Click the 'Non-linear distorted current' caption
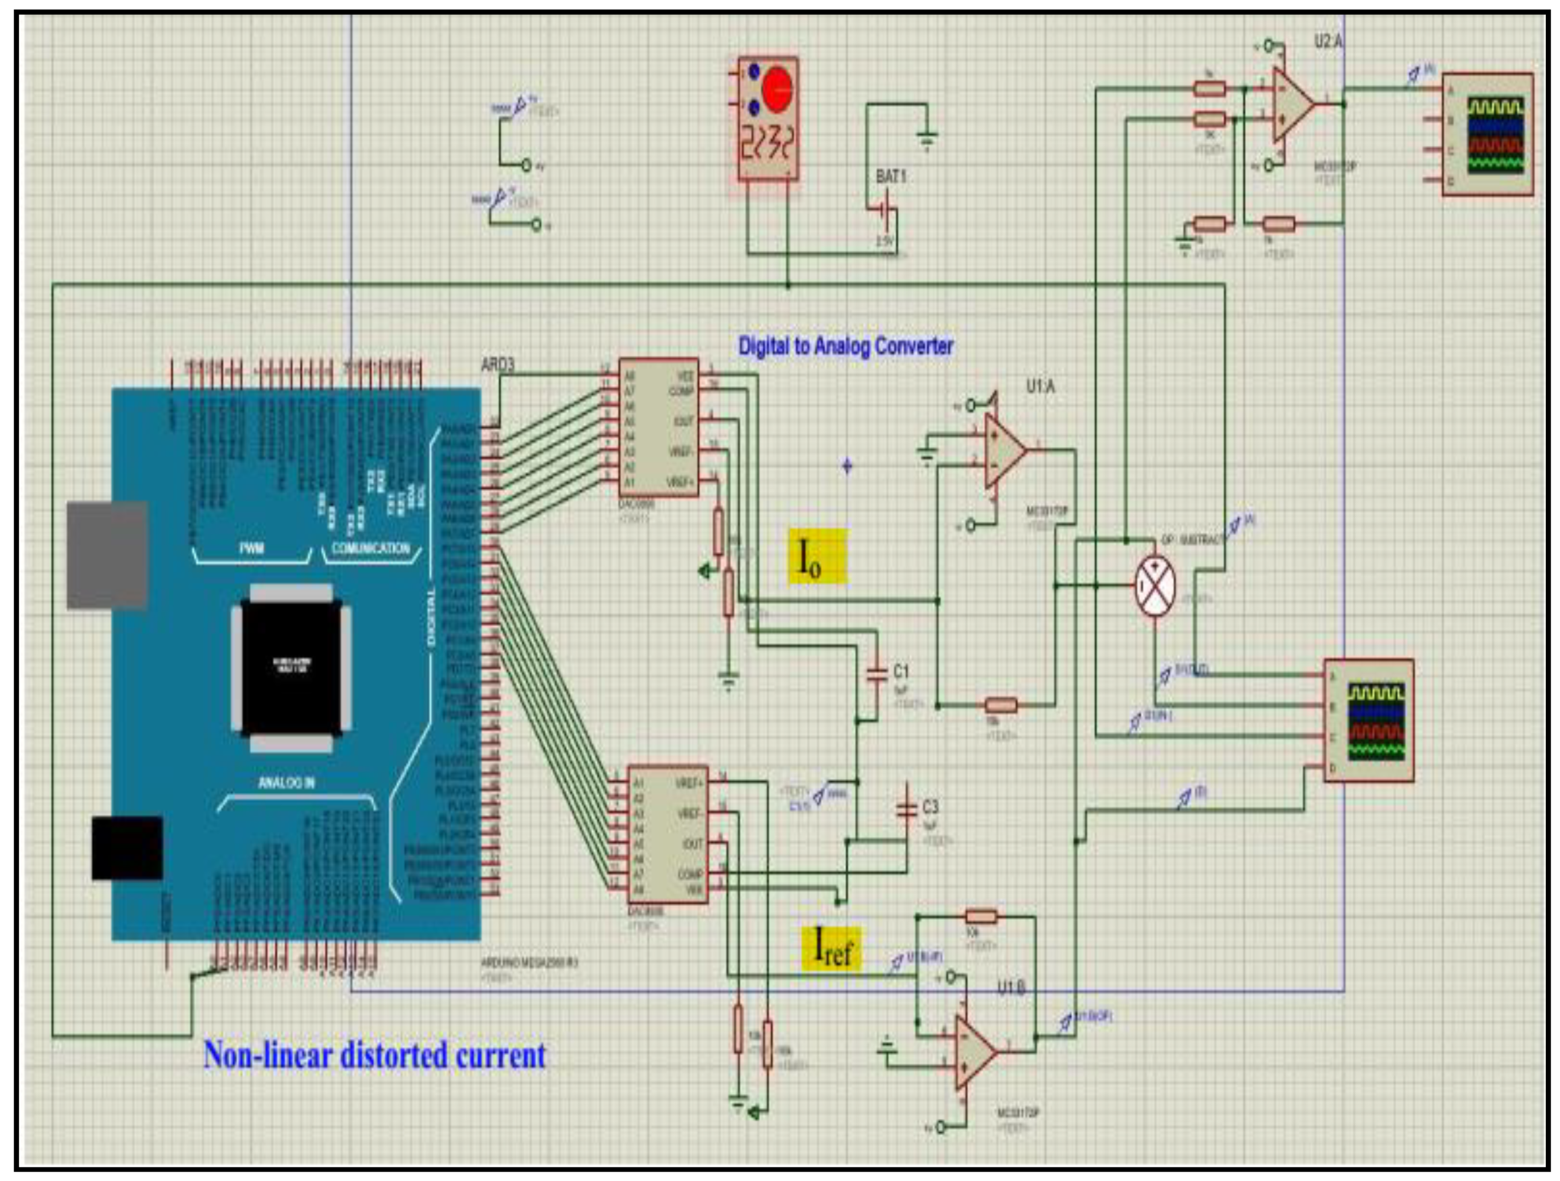click(x=375, y=1055)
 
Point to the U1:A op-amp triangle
click(x=1003, y=450)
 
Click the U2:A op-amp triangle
click(x=1291, y=104)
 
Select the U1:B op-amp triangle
click(x=974, y=1052)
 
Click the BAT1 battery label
click(x=890, y=176)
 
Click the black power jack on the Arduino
click(x=127, y=848)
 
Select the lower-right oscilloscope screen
click(x=1376, y=721)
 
